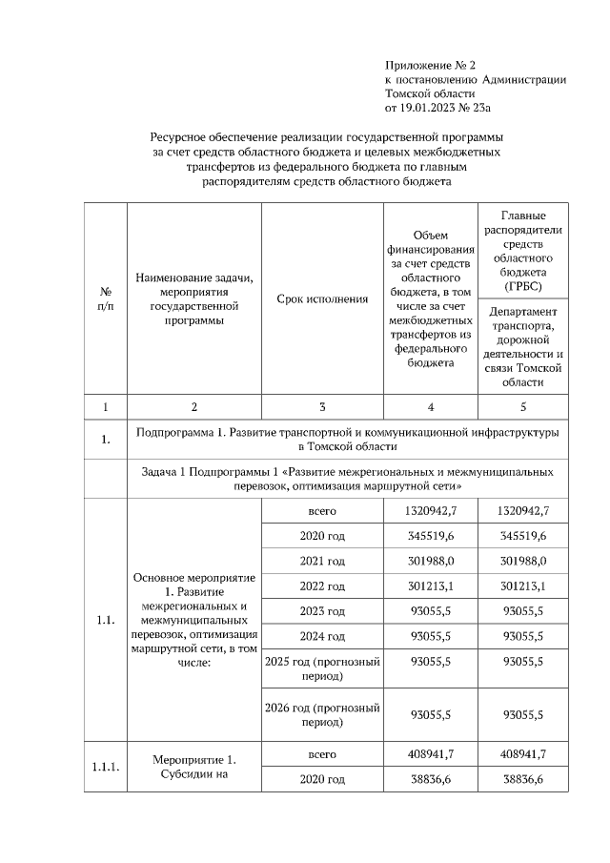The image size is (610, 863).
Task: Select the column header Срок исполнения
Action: point(322,299)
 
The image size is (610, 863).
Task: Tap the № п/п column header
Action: point(106,299)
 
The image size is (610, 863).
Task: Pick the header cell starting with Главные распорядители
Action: point(524,251)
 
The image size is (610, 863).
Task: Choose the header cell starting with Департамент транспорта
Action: point(524,346)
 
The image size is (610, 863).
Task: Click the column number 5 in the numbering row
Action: point(524,407)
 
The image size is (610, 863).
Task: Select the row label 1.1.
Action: point(106,620)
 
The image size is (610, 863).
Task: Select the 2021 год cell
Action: point(322,561)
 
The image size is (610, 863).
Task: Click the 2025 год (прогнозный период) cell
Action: point(322,668)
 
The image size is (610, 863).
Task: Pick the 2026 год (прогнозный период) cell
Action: point(322,715)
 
